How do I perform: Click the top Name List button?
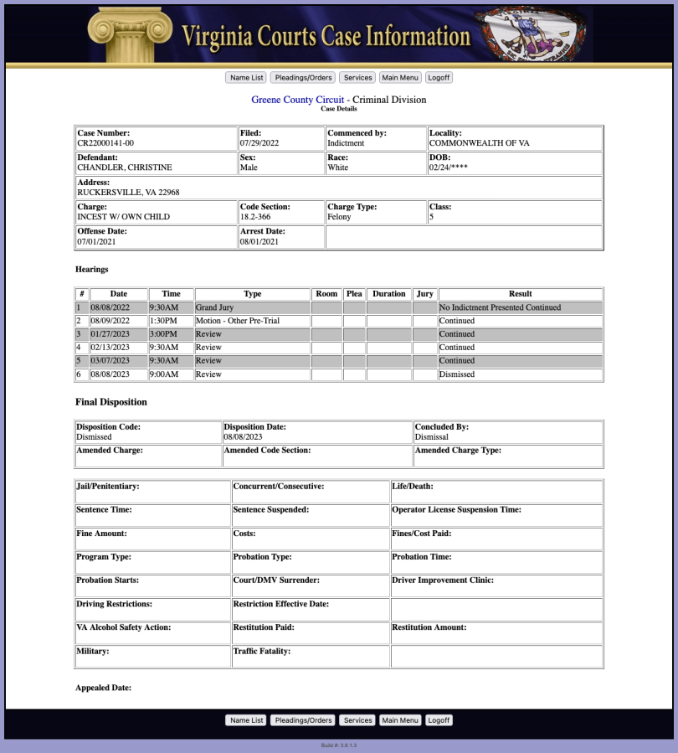246,77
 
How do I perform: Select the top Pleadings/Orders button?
302,77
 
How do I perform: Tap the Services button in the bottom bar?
357,720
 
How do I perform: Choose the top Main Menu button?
399,77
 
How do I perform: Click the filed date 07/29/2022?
259,143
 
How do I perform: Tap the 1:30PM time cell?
163,321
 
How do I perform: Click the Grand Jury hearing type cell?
215,307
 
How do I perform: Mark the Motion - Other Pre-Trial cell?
238,321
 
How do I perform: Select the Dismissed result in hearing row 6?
457,374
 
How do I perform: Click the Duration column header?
388,294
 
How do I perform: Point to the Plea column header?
354,294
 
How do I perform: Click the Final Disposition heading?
110,402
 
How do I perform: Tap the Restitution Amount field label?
429,627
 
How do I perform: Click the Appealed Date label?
103,688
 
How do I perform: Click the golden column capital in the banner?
130,32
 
